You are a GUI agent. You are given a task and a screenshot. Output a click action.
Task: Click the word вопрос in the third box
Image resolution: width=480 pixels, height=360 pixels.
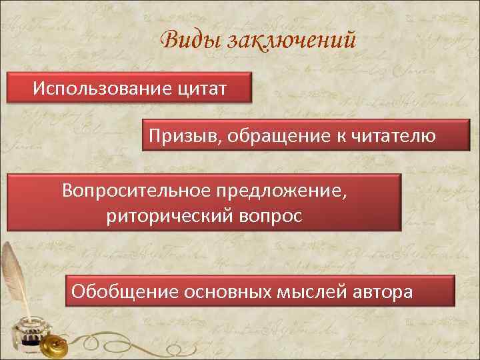pos(271,216)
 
